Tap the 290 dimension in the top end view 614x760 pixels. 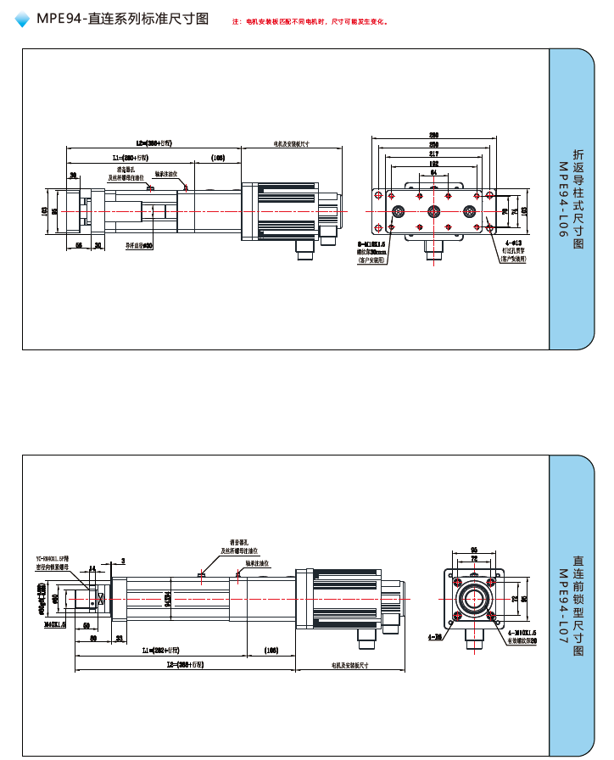tap(433, 136)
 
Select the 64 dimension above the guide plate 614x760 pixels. tap(433, 172)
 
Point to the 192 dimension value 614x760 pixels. tap(433, 164)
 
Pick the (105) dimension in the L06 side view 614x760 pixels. tap(218, 158)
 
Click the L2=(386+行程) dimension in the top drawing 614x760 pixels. tap(154, 143)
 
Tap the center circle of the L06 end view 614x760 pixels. tap(433, 212)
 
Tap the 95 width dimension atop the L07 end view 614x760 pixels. tap(474, 550)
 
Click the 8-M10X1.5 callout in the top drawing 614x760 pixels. tap(371, 243)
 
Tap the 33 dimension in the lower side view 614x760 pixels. tap(119, 637)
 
